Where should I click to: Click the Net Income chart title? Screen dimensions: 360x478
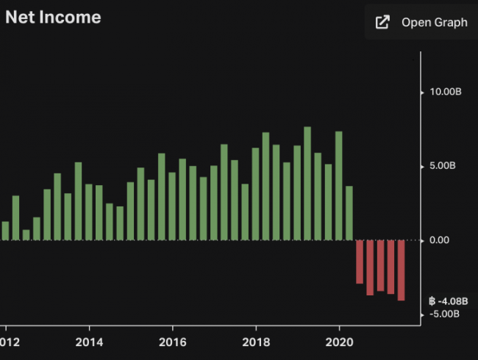click(54, 17)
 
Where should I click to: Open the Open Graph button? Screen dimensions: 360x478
click(421, 22)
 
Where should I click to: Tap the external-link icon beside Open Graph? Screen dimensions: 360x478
click(382, 22)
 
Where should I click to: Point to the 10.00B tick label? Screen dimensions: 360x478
click(445, 93)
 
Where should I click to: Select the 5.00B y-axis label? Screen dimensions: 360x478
click(443, 166)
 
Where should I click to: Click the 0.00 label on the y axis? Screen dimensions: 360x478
click(441, 240)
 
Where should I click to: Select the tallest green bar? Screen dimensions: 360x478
click(307, 184)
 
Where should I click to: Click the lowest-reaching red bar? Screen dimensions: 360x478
click(402, 270)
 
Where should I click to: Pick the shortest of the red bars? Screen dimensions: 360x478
click(360, 262)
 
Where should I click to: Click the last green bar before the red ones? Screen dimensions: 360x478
click(349, 213)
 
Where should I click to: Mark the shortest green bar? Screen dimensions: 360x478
click(26, 235)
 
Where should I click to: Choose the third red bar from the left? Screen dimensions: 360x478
click(380, 266)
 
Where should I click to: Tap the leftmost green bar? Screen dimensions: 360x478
click(5, 231)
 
